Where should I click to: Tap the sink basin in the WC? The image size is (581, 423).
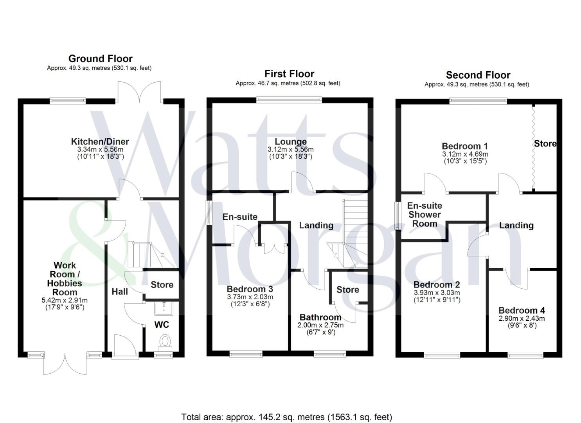164,309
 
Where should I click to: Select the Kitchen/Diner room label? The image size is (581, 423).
100,141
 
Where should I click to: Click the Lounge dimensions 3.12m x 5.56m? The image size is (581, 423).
290,149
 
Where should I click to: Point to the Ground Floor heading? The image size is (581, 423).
101,59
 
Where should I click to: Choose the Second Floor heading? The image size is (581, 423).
478,75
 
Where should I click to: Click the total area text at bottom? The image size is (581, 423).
287,417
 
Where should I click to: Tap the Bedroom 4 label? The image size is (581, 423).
522,310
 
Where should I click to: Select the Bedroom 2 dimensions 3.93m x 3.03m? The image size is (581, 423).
437,293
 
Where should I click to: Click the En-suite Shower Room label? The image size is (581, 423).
425,215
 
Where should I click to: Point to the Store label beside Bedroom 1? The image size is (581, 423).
545,144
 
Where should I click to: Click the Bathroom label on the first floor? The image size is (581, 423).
320,317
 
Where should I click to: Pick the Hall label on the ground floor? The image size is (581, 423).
120,292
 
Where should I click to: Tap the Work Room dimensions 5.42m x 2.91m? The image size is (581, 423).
65,300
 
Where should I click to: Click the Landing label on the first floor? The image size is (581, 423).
316,225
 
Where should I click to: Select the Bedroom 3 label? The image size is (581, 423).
250,289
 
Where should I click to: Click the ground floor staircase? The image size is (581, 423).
151,255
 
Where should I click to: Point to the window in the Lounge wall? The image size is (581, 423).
289,100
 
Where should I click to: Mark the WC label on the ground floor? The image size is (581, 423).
162,325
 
